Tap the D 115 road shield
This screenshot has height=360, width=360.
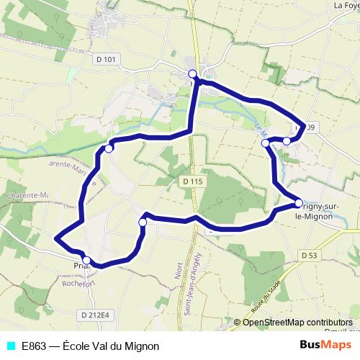pyautogui.click(x=192, y=181)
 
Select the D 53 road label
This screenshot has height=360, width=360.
pyautogui.click(x=310, y=255)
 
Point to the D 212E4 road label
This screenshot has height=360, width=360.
pyautogui.click(x=95, y=315)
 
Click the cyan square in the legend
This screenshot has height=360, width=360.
pyautogui.click(x=9, y=346)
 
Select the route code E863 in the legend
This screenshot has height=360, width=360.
pyautogui.click(x=35, y=346)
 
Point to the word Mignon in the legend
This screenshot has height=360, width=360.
pyautogui.click(x=141, y=346)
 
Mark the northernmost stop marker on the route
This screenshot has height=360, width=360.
pyautogui.click(x=193, y=74)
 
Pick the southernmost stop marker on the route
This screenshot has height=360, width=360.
pyautogui.click(x=86, y=260)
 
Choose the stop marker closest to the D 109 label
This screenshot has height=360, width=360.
pyautogui.click(x=287, y=140)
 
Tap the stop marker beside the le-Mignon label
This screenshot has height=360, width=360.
pyautogui.click(x=298, y=204)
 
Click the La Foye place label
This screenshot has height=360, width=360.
pyautogui.click(x=346, y=5)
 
